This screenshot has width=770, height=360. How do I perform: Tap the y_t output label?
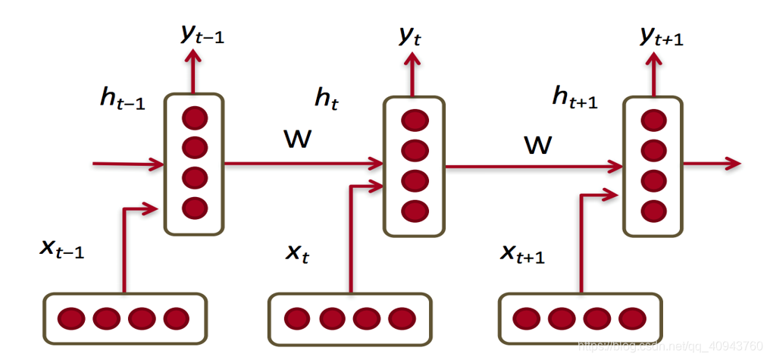(409, 36)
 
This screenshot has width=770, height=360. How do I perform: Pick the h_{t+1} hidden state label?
(574, 97)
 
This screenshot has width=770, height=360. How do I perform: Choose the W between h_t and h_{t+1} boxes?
(538, 143)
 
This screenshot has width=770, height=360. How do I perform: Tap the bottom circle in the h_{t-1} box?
(195, 206)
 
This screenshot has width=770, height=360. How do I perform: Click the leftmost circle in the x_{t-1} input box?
(71, 318)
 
